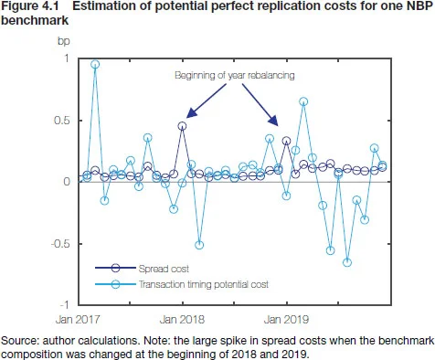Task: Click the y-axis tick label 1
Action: click(x=64, y=58)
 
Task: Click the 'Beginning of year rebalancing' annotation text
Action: click(x=234, y=77)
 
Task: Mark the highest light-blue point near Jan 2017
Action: click(x=95, y=65)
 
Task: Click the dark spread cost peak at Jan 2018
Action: click(x=183, y=126)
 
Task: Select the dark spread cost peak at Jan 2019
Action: click(x=287, y=142)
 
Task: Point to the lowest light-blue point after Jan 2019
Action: click(x=347, y=262)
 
